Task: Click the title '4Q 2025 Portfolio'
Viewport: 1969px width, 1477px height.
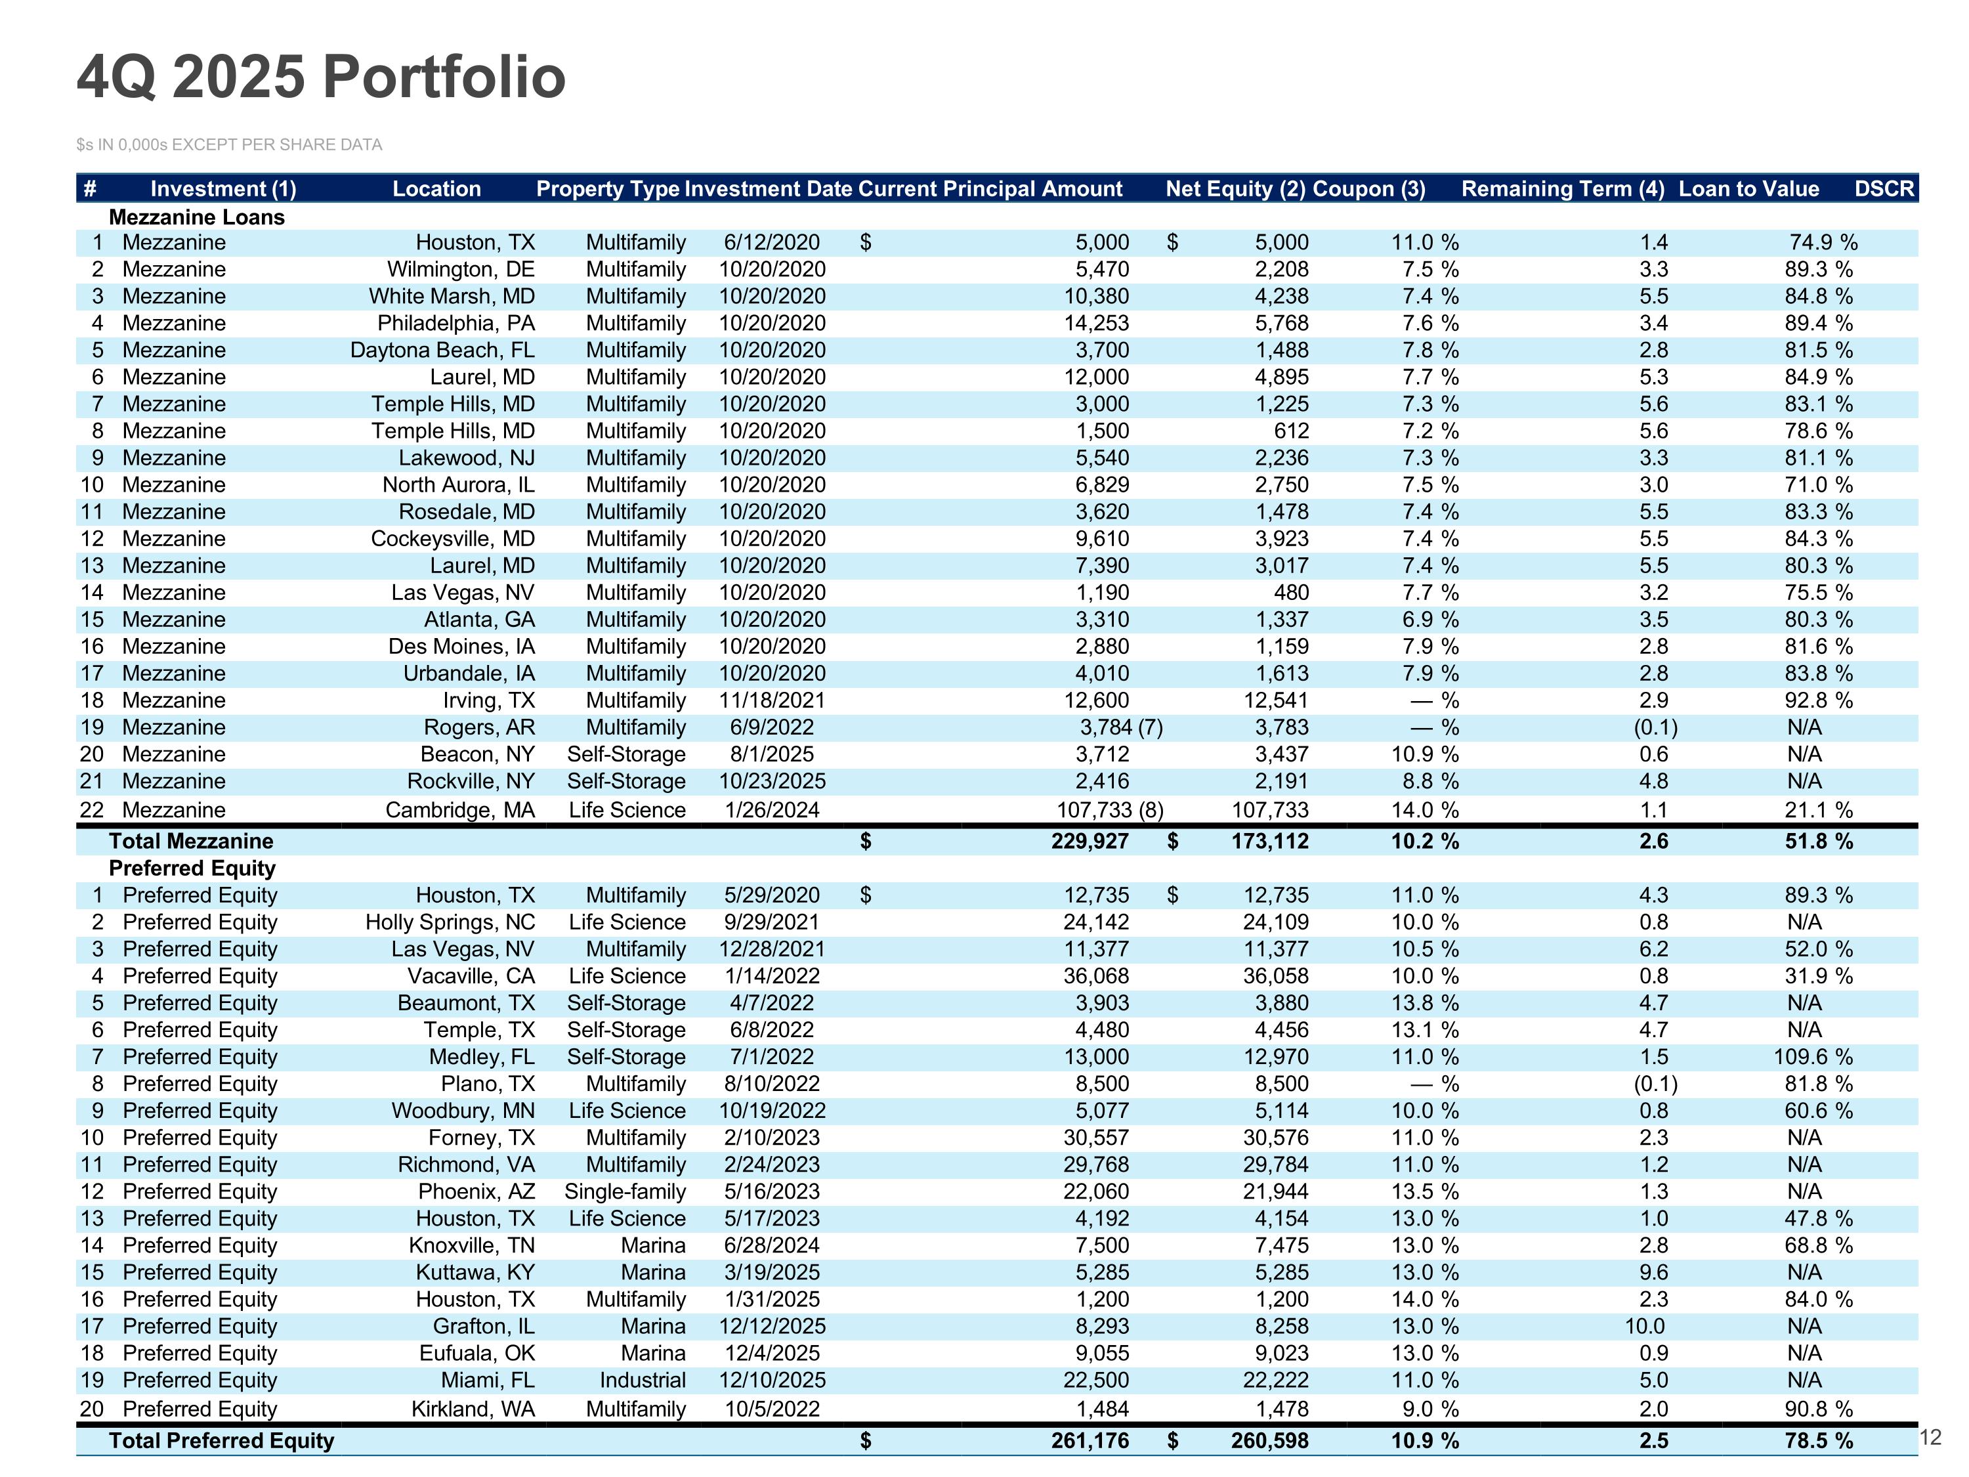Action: click(322, 77)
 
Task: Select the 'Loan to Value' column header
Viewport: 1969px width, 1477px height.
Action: click(1748, 189)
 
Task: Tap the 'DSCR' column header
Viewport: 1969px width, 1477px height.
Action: click(1884, 189)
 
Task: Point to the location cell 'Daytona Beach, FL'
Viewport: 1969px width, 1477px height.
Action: click(442, 350)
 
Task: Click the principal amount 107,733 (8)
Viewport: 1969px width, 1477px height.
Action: click(1110, 810)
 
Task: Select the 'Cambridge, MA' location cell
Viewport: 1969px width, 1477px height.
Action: click(460, 810)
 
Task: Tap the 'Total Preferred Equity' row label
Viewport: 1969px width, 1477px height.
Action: click(222, 1440)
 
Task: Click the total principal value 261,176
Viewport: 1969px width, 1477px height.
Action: click(1090, 1440)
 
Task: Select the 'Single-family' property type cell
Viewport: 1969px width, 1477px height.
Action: click(625, 1191)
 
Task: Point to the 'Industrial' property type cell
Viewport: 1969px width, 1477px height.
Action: click(643, 1380)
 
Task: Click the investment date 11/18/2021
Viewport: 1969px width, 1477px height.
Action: click(773, 700)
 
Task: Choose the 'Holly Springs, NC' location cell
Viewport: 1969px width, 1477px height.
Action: click(450, 922)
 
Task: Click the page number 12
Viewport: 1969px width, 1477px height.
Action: click(1929, 1437)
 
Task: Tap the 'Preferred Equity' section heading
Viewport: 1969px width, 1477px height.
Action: click(192, 868)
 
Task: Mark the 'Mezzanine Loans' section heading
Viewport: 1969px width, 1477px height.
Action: click(197, 217)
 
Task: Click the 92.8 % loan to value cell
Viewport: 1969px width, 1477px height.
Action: click(1819, 700)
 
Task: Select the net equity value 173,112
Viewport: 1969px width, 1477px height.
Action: click(1270, 842)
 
